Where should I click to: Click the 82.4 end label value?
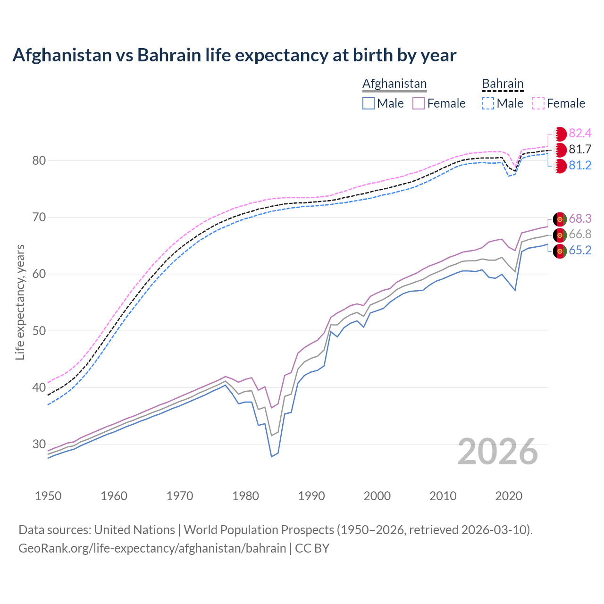[x=580, y=134]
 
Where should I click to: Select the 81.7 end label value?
[x=580, y=150]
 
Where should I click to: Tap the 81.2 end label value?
[x=580, y=166]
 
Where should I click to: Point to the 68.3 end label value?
[x=580, y=219]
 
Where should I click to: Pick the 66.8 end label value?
[x=580, y=235]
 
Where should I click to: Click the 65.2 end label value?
[x=580, y=251]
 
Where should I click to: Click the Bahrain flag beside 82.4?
[x=560, y=134]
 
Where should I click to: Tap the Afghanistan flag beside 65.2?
[x=560, y=251]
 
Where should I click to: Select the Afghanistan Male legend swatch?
[x=369, y=103]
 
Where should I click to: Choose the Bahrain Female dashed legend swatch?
[x=538, y=103]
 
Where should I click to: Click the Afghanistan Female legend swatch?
[x=419, y=103]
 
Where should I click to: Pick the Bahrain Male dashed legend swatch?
[x=488, y=103]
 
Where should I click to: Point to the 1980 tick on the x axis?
[x=245, y=496]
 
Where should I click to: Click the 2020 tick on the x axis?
[x=509, y=496]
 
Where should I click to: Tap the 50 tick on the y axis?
[x=39, y=331]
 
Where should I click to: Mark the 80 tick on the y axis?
[x=39, y=160]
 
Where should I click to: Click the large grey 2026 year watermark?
[x=498, y=452]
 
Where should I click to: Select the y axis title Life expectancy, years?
[x=20, y=302]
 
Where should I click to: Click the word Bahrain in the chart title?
[x=169, y=55]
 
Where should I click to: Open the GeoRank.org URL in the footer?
[x=152, y=548]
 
